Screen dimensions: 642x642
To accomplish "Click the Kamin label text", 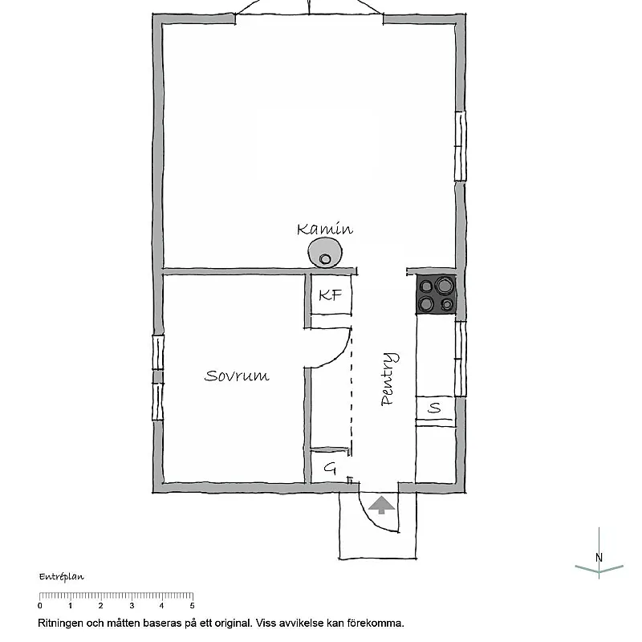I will (324, 230).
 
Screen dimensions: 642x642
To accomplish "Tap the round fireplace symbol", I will (324, 254).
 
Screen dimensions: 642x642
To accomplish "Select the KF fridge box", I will (330, 295).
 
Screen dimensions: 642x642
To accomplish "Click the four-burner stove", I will (437, 294).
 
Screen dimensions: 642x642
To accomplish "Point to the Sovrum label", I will (236, 376).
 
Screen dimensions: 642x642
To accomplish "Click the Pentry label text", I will (388, 379).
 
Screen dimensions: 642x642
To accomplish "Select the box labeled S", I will (435, 408).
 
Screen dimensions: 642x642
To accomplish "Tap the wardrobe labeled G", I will (329, 468).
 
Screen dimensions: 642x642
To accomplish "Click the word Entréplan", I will (61, 576).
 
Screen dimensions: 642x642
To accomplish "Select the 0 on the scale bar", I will (40, 606).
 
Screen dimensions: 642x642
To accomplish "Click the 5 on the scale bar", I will (191, 606).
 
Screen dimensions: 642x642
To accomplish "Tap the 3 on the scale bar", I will (131, 606).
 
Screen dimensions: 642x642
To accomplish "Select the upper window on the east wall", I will (460, 146).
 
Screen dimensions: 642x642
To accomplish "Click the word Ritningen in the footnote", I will (61, 623).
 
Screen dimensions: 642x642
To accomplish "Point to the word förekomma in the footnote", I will (376, 623).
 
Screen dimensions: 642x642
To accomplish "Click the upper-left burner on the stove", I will (426, 284).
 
